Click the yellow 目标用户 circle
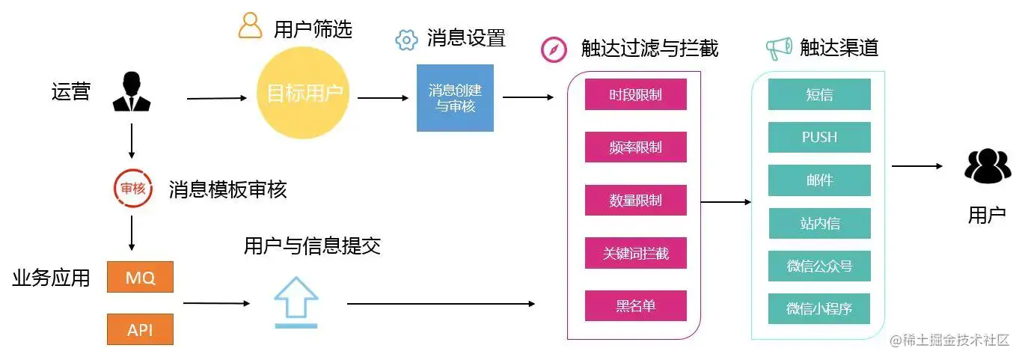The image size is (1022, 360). [x=303, y=94]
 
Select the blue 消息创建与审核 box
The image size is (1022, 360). [x=455, y=97]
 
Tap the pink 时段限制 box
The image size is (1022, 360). [x=635, y=94]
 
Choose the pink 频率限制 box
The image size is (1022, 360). [x=635, y=147]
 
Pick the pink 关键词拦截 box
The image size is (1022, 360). [x=635, y=253]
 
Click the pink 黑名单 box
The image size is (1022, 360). [x=635, y=306]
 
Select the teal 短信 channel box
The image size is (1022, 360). [x=819, y=94]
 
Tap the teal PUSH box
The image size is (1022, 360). [x=819, y=137]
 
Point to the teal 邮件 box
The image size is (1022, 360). [x=819, y=180]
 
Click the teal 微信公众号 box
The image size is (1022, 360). [x=819, y=266]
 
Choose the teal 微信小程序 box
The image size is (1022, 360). [x=819, y=308]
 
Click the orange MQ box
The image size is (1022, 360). [x=140, y=278]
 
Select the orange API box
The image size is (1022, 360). [x=140, y=329]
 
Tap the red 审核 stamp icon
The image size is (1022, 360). [x=132, y=189]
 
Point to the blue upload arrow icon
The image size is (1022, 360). [x=296, y=302]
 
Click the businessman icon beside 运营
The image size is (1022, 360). [x=131, y=92]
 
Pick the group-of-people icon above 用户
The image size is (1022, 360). [x=987, y=166]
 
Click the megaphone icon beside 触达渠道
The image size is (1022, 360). [x=779, y=49]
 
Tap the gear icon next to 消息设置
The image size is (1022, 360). [x=406, y=40]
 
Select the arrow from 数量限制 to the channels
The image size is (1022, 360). [x=726, y=201]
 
